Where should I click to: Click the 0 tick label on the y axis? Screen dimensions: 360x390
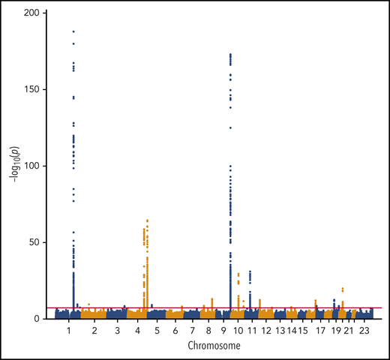point(40,319)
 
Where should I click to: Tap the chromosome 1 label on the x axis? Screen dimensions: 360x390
point(69,330)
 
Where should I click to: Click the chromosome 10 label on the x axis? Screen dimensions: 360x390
point(238,330)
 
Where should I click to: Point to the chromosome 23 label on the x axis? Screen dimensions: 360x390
point(364,330)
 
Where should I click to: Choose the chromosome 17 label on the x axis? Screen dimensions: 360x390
point(319,330)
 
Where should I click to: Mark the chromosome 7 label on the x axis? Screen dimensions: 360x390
point(193,330)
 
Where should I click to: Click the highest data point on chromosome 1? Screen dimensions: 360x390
point(73,31)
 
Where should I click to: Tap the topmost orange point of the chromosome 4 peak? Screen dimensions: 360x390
point(148,220)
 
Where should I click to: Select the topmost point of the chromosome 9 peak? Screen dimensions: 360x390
point(230,54)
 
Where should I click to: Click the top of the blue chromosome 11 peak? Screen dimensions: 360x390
point(250,271)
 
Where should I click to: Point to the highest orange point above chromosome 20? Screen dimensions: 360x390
point(343,288)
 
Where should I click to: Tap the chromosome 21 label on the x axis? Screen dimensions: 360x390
point(349,330)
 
